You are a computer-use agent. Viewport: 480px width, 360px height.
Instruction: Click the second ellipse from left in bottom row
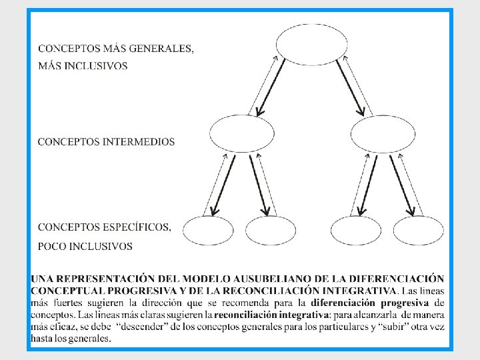click(x=271, y=231)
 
